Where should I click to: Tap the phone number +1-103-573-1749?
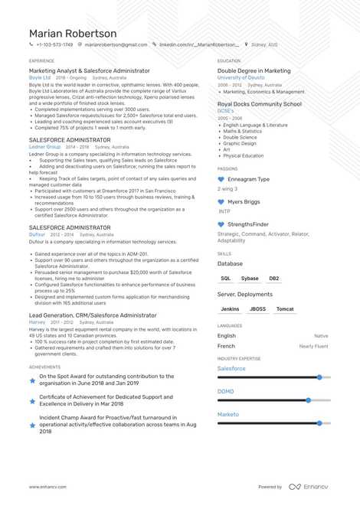[x=54, y=45]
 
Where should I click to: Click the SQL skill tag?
[x=225, y=279]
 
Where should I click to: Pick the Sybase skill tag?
[x=250, y=279]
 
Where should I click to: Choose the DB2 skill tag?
[x=274, y=279]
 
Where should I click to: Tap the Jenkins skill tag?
[x=230, y=309]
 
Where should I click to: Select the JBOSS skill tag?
[x=257, y=309]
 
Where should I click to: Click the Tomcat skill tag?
[x=285, y=309]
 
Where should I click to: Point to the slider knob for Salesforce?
[x=319, y=377]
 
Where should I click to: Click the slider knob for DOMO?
[x=308, y=400]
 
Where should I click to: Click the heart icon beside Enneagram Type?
[x=221, y=179]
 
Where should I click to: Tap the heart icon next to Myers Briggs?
[x=221, y=202]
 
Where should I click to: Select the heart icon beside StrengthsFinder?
[x=221, y=224]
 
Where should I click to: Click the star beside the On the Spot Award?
[x=32, y=380]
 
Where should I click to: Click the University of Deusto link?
[x=241, y=78]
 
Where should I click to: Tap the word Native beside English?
[x=321, y=335]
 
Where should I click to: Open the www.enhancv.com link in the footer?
[x=48, y=486]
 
